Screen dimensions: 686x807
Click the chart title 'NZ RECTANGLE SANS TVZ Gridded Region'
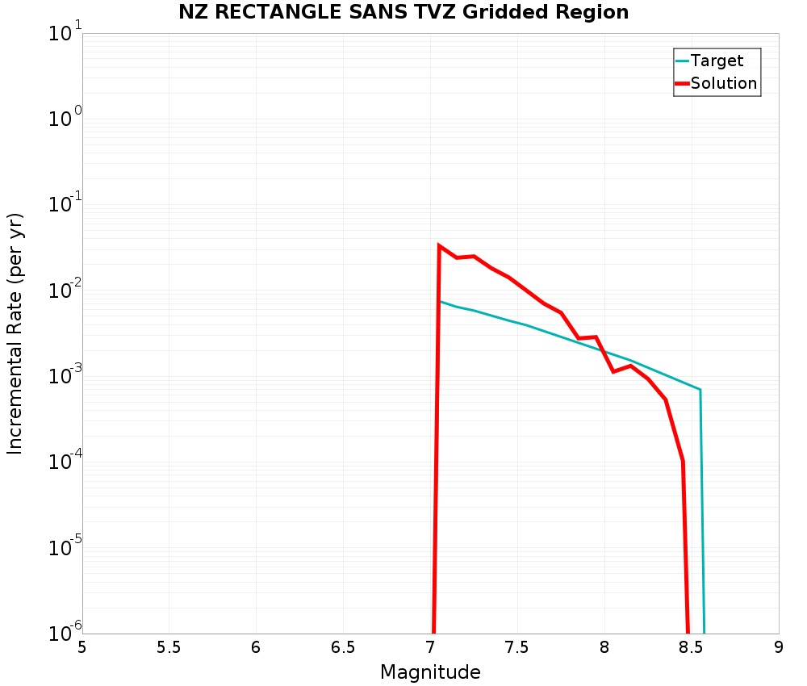click(403, 12)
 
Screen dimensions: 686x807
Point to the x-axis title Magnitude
click(430, 672)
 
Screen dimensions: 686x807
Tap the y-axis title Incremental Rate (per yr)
click(15, 333)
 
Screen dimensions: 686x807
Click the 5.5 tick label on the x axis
click(169, 647)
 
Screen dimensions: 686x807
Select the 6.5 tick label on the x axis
click(343, 647)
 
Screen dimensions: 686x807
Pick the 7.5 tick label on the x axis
click(517, 647)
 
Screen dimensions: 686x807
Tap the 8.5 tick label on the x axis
click(692, 647)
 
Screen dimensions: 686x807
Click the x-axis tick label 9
click(779, 647)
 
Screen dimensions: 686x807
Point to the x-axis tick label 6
click(256, 647)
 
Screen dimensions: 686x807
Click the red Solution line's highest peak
click(439, 245)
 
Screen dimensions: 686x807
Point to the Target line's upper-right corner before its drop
click(700, 390)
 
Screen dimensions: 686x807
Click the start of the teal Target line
click(440, 301)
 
